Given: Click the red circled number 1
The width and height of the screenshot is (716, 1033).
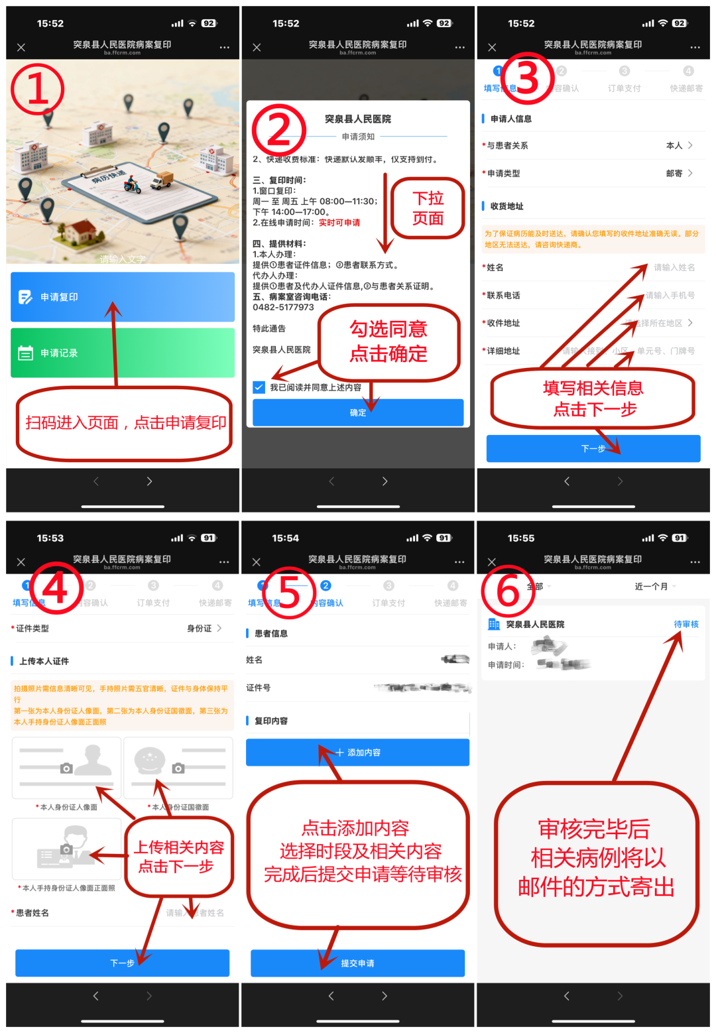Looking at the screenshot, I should pyautogui.click(x=38, y=89).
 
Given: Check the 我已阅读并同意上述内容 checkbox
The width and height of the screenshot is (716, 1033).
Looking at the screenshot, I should pyautogui.click(x=259, y=387).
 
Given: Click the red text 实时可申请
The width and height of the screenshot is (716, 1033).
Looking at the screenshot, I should pyautogui.click(x=339, y=223).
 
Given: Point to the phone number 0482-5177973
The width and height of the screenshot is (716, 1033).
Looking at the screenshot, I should pyautogui.click(x=283, y=307).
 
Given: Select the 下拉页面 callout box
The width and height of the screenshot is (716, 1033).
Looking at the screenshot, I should pyautogui.click(x=428, y=208).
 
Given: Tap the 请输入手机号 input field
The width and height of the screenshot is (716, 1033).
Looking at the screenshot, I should pyautogui.click(x=670, y=295).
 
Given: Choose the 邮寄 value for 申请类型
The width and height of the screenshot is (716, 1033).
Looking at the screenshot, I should pyautogui.click(x=674, y=173).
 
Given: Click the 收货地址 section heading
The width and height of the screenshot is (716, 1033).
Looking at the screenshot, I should pyautogui.click(x=507, y=206).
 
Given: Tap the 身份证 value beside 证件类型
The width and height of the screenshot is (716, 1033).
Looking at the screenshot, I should pyautogui.click(x=199, y=628).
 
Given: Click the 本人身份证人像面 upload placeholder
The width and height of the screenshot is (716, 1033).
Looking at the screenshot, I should pyautogui.click(x=66, y=767).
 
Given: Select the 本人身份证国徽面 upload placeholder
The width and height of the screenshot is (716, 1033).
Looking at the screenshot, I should pyautogui.click(x=178, y=767).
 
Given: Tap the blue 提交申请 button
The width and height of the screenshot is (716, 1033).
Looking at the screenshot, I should pyautogui.click(x=357, y=963).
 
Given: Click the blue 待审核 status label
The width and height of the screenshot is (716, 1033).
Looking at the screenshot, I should pyautogui.click(x=686, y=624).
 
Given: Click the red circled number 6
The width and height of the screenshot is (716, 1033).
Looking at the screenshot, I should pyautogui.click(x=508, y=591).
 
